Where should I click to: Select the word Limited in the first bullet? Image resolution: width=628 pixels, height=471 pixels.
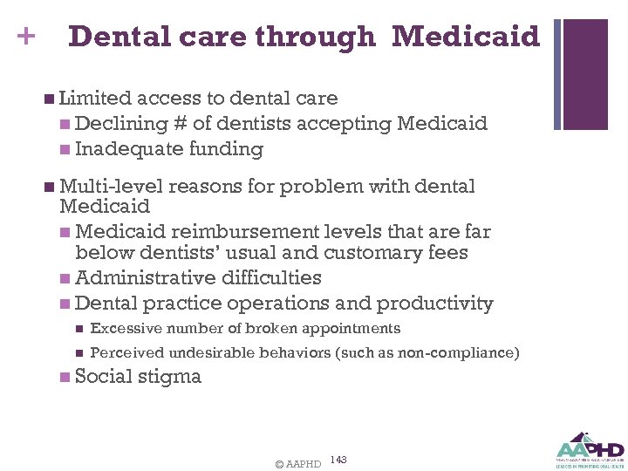95,99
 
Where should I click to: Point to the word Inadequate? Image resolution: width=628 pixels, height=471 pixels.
127,149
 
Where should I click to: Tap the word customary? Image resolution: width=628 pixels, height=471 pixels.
375,253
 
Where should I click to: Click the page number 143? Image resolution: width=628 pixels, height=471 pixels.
339,460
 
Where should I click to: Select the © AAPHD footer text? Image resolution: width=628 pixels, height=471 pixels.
297,464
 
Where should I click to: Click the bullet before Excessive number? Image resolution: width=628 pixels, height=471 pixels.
78,330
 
